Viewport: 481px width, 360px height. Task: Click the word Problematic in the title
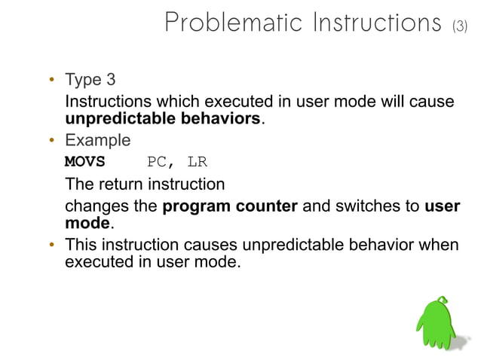click(226, 23)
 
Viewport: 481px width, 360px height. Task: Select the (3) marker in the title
click(459, 26)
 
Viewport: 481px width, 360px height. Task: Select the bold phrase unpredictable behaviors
click(163, 120)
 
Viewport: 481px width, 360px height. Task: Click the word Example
click(97, 141)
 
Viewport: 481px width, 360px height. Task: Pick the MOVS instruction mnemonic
click(85, 162)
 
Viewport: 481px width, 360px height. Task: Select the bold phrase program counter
click(230, 206)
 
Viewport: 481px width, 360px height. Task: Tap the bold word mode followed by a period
click(87, 224)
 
